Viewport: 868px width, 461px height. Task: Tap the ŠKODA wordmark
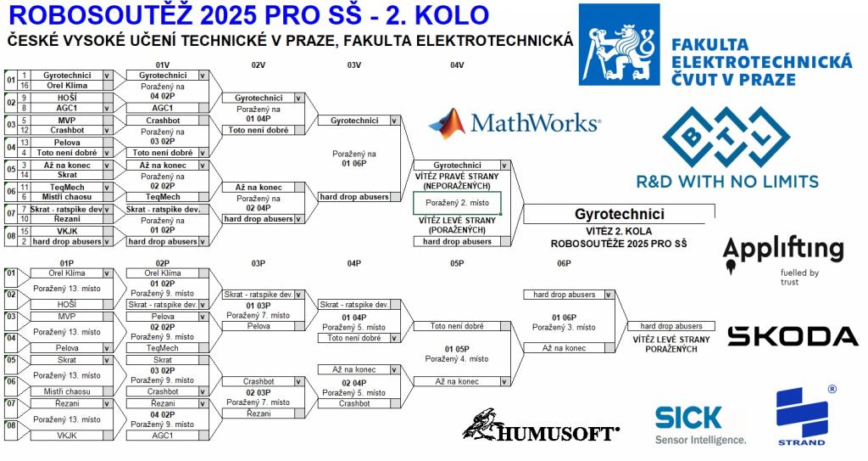793,336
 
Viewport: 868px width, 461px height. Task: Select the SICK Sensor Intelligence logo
700,424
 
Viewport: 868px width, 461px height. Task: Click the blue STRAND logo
801,416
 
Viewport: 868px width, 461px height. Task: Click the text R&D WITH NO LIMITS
727,181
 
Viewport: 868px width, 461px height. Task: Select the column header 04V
457,65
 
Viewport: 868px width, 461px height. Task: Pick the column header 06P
564,264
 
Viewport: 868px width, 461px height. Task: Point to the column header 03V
354,65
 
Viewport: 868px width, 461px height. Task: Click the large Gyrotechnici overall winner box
619,214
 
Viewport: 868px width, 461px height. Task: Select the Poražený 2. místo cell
457,203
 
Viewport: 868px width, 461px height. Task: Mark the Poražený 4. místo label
457,359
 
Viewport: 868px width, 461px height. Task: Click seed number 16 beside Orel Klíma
25,86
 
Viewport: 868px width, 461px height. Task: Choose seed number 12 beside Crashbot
25,130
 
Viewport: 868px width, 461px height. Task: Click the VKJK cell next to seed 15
67,230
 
